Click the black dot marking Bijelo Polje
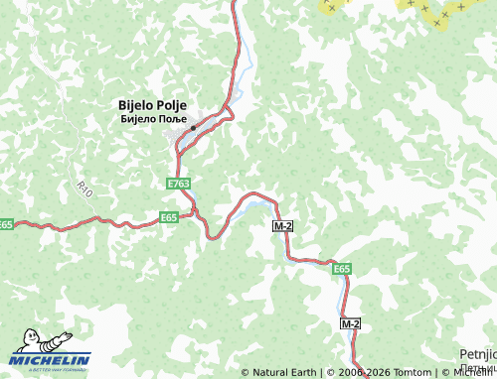(x=193, y=128)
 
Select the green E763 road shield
(x=179, y=185)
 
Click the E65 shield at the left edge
(x=6, y=225)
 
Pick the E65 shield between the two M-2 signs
(x=342, y=268)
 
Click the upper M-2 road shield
(x=282, y=227)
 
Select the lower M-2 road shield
(x=350, y=324)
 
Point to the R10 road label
(x=83, y=189)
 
